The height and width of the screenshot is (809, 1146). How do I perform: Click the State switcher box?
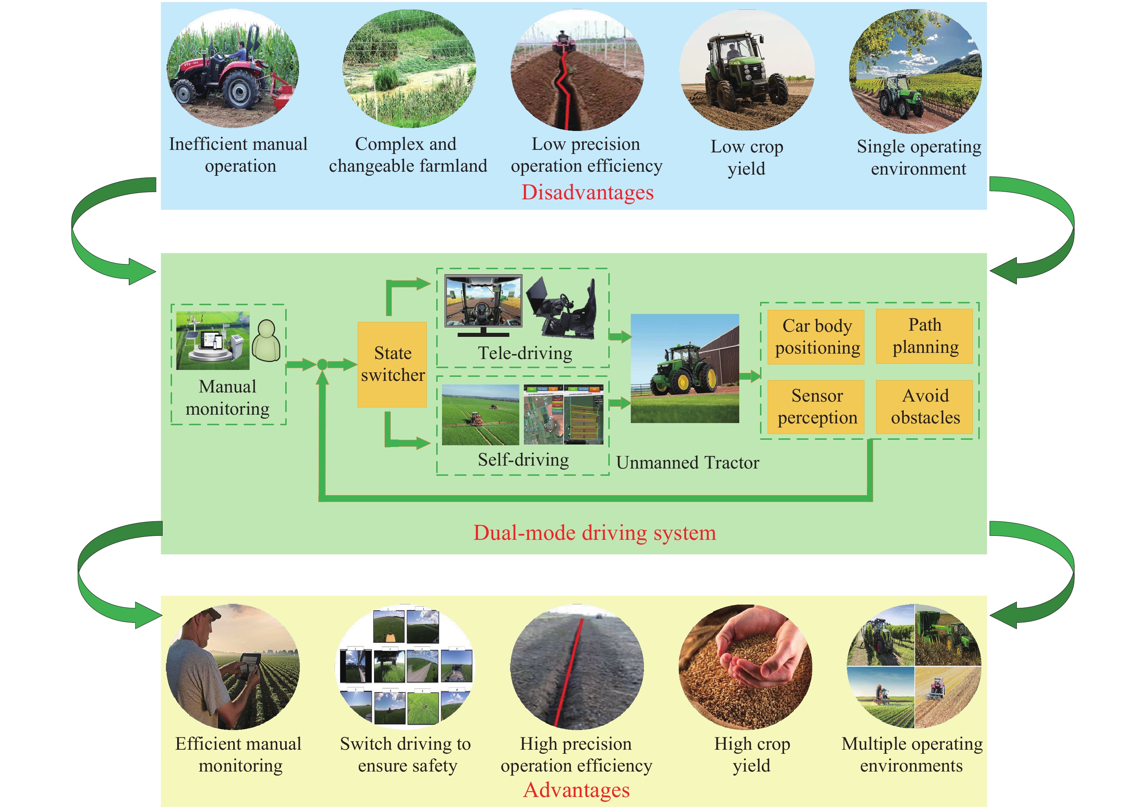point(392,364)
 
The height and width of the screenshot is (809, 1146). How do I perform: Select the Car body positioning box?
point(816,337)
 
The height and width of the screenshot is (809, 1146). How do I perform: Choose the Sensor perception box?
point(816,407)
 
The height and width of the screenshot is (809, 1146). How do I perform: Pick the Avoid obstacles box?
point(924,407)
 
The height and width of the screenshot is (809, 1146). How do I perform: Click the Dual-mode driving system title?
point(594,533)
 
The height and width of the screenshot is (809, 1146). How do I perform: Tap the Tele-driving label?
point(525,353)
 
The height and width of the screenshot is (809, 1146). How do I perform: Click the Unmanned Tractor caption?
point(687,463)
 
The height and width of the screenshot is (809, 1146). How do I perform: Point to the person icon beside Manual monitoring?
point(266,340)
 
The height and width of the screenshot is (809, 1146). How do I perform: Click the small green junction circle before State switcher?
point(322,364)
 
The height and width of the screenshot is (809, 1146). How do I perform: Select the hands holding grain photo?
point(745,667)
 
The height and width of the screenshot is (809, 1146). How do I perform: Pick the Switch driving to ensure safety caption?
point(406,754)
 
